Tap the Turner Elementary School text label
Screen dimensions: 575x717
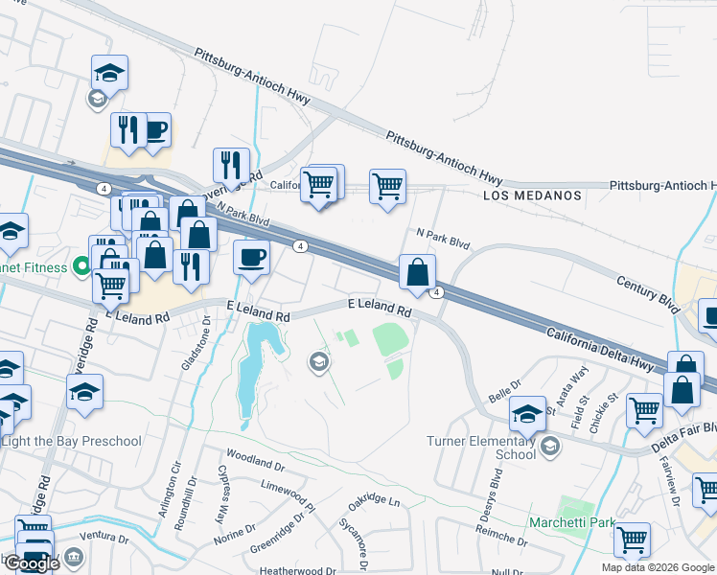[x=481, y=448]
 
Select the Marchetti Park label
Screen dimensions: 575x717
[x=572, y=523]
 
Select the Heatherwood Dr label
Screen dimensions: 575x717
[x=298, y=569]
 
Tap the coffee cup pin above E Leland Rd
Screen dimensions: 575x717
[x=252, y=257]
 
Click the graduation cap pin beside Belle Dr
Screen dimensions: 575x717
[x=527, y=413]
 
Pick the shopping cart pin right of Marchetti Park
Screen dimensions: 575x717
[x=632, y=539]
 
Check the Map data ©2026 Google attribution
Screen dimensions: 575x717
[x=658, y=567]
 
